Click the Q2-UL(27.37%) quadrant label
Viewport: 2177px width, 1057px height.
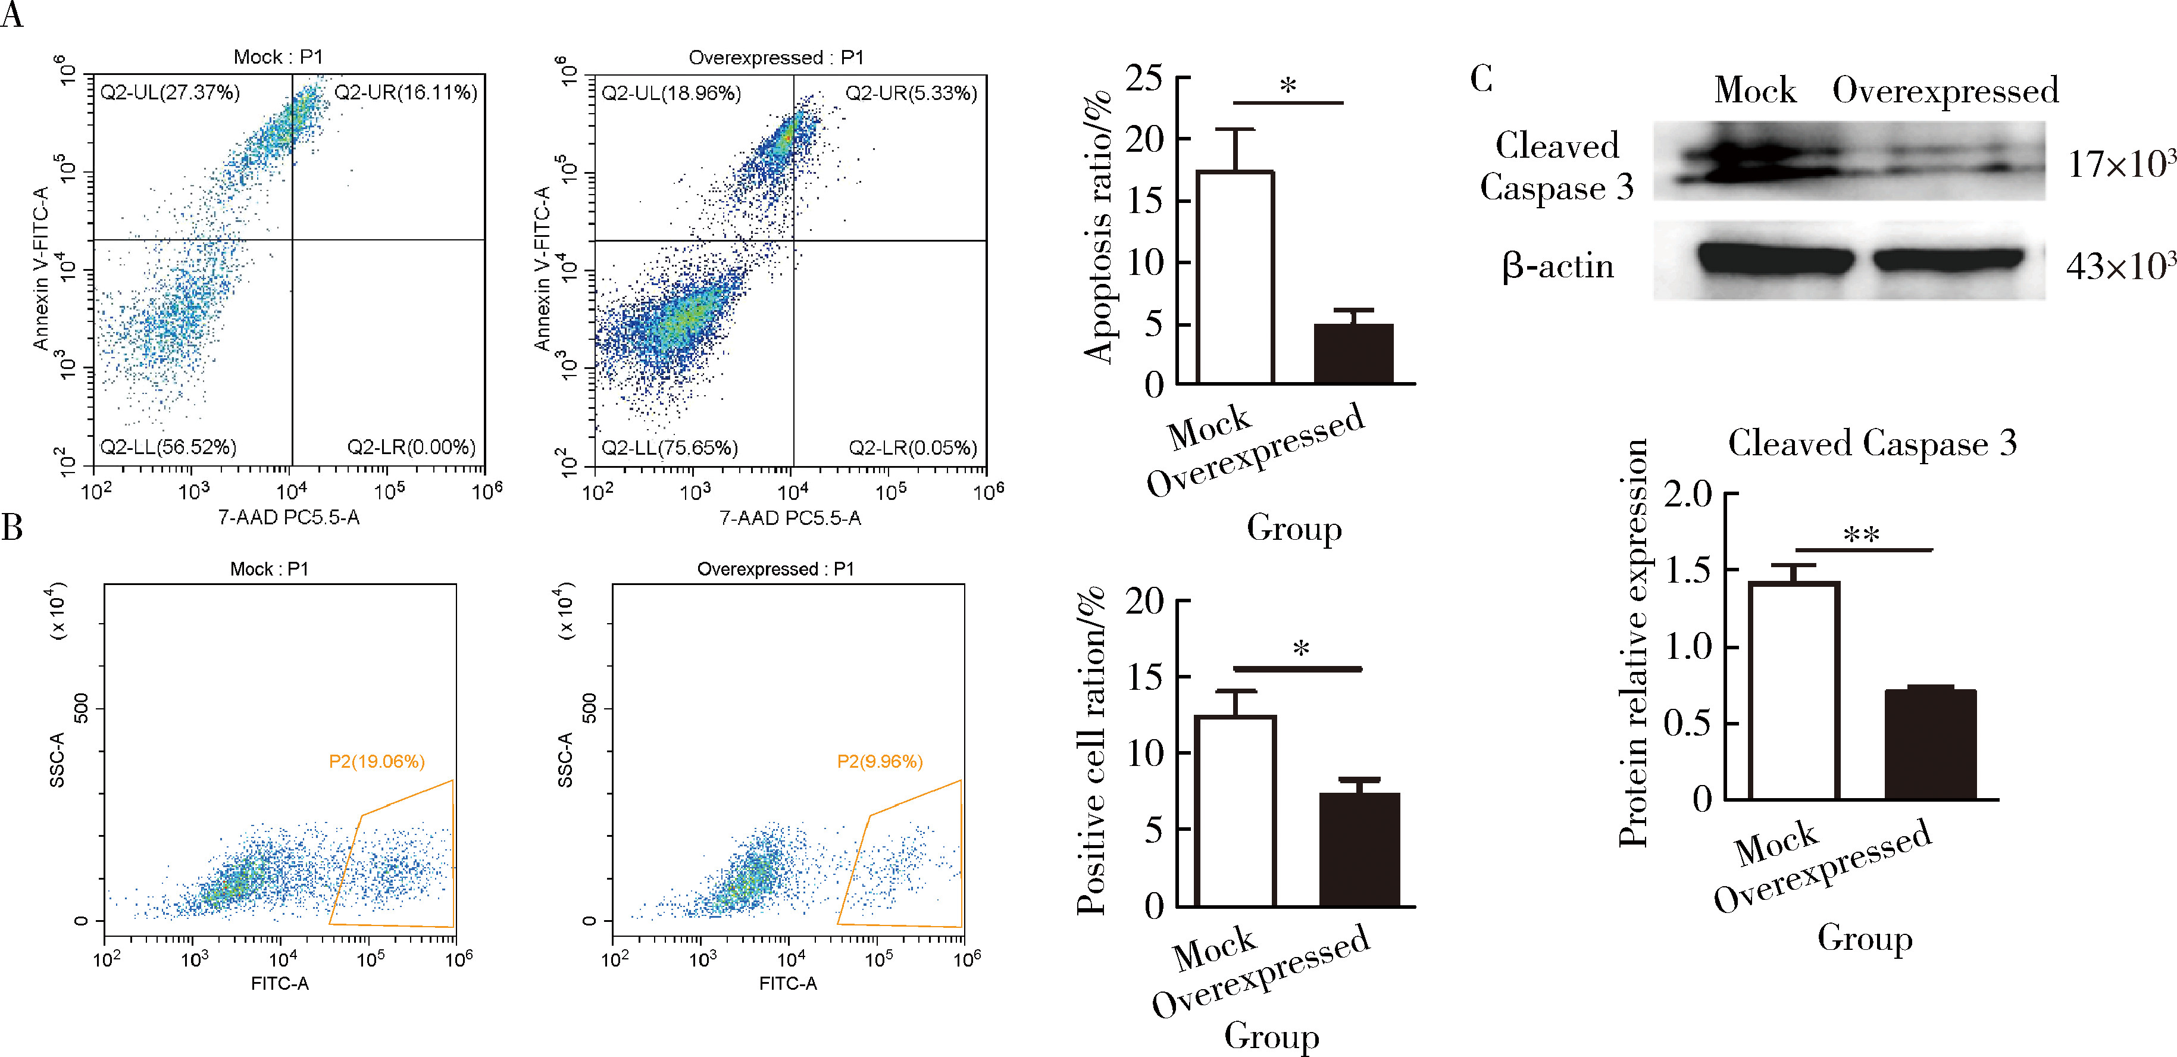170,92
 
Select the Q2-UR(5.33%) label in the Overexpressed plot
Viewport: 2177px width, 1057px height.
911,93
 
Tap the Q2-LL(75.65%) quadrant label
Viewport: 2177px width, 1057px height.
670,447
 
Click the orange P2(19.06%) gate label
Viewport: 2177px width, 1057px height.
376,761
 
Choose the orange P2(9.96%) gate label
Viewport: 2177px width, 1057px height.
880,761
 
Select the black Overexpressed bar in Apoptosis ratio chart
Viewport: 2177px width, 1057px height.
1353,354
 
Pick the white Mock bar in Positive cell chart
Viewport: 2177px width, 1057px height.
1235,811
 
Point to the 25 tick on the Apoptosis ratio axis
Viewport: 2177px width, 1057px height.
1144,79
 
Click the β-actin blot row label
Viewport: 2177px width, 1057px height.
1557,266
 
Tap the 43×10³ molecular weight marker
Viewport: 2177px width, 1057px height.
2119,266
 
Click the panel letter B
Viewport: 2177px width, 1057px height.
12,527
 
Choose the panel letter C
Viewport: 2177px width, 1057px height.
1481,79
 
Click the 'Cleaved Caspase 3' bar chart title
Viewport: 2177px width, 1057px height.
1872,443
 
